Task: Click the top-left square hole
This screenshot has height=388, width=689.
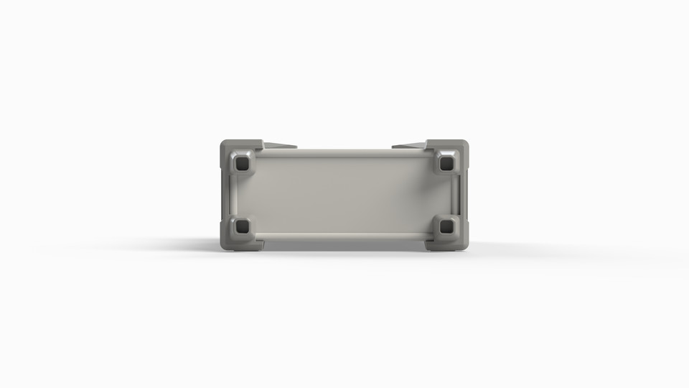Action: click(242, 164)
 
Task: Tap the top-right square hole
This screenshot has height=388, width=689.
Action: click(446, 164)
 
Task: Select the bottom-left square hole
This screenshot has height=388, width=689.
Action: click(242, 226)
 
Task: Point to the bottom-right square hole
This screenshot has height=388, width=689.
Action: click(446, 226)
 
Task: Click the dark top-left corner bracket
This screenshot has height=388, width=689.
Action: click(228, 147)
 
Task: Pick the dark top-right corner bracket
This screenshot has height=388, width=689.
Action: click(460, 147)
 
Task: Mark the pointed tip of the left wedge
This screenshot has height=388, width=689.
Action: click(296, 147)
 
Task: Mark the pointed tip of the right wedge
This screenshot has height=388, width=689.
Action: click(393, 147)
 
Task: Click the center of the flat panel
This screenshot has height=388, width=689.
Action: click(344, 194)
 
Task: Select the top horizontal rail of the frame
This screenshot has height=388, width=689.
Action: click(344, 153)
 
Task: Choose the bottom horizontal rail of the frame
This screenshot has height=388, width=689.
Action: click(344, 236)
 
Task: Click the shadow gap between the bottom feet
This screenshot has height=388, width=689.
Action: click(344, 245)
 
